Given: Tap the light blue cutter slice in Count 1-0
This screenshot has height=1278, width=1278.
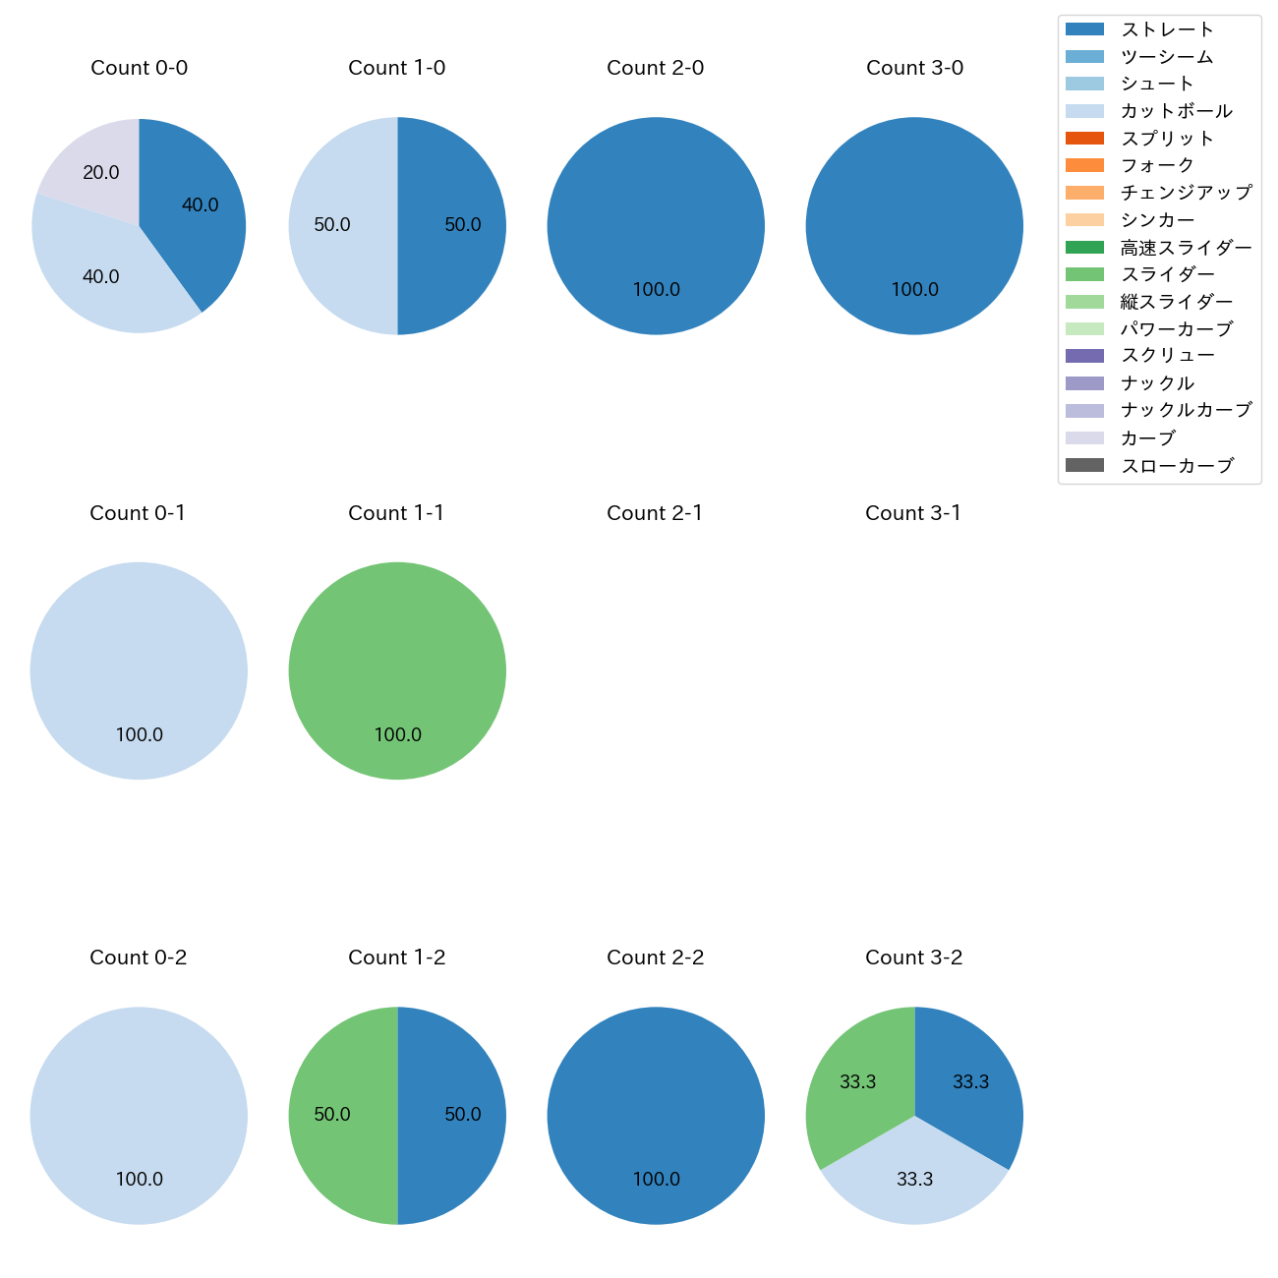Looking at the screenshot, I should click(x=339, y=226).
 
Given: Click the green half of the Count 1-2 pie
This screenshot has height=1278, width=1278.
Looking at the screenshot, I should click(x=339, y=1116).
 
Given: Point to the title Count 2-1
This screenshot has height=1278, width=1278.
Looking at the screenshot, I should click(x=655, y=513).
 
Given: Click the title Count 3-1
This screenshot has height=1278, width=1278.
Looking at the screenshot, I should click(x=913, y=513).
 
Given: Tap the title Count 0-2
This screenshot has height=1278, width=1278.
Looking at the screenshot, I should click(x=139, y=958).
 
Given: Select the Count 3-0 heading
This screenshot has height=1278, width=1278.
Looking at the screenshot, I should click(x=914, y=68).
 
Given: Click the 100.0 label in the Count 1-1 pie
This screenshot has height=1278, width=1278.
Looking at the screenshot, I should click(x=397, y=734).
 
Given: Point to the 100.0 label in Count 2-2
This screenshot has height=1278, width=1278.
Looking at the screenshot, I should click(x=656, y=1179).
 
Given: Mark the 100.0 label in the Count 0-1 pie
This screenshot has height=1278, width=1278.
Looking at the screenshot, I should click(x=139, y=734).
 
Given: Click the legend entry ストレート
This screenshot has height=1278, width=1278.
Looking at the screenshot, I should click(x=1167, y=29).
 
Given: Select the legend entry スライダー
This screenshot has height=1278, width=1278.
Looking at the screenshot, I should click(x=1167, y=274).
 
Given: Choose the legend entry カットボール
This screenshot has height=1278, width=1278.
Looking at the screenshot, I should click(x=1176, y=111).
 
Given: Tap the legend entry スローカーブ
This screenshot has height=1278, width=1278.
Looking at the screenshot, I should click(x=1176, y=465).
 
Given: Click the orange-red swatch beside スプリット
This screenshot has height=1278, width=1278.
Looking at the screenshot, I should click(x=1084, y=139).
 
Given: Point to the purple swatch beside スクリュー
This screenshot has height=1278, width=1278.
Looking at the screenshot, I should click(x=1084, y=356).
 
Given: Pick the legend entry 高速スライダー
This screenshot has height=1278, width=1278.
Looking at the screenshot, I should click(x=1186, y=248).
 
